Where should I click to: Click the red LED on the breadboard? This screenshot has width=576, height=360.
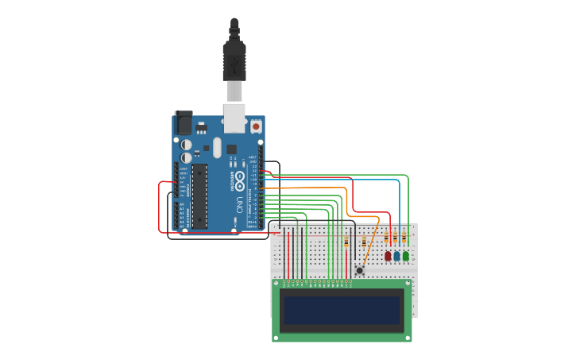coord(388,256)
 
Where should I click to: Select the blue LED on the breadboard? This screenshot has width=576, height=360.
coord(396,256)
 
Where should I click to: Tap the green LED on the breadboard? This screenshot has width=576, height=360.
coord(406,256)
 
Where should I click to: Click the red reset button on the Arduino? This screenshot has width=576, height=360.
coord(256,126)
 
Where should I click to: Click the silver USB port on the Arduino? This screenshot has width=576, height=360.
coord(234,117)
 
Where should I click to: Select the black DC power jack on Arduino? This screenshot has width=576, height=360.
coord(184,122)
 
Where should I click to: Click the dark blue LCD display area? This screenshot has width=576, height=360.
coord(342,310)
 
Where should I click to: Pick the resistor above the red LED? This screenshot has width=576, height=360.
coord(387,238)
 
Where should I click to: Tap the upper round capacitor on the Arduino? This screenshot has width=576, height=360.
coord(186,145)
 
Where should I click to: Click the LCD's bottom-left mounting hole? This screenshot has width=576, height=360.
coord(276,338)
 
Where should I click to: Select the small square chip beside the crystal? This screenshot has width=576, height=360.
coord(231,149)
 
